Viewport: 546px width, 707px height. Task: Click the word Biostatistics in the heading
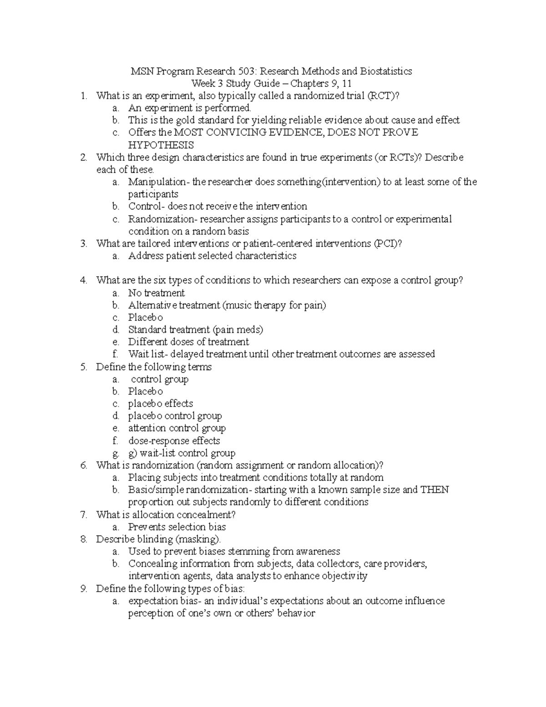[x=386, y=71]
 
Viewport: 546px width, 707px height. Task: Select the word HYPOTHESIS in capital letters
[x=161, y=145]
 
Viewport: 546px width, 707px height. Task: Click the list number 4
[x=83, y=280]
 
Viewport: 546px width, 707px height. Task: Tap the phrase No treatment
[x=157, y=293]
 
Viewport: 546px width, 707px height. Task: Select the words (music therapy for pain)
[x=274, y=305]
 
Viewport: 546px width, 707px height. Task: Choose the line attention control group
[x=177, y=428]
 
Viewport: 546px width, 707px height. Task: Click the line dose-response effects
[x=174, y=441]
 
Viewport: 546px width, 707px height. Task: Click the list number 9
[x=83, y=589]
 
